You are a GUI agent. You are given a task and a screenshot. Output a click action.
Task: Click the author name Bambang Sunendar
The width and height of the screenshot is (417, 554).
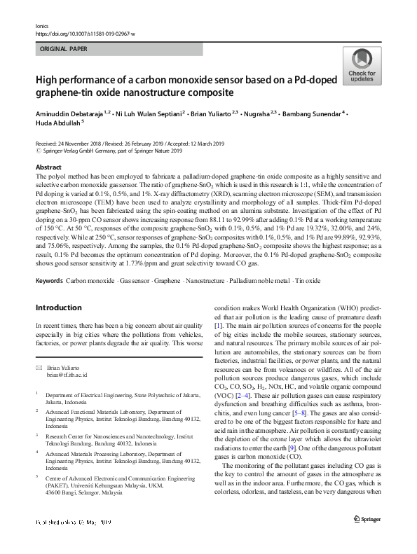pyautogui.click(x=313, y=112)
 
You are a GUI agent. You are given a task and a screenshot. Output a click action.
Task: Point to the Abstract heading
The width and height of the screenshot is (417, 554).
pyautogui.click(x=48, y=168)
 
